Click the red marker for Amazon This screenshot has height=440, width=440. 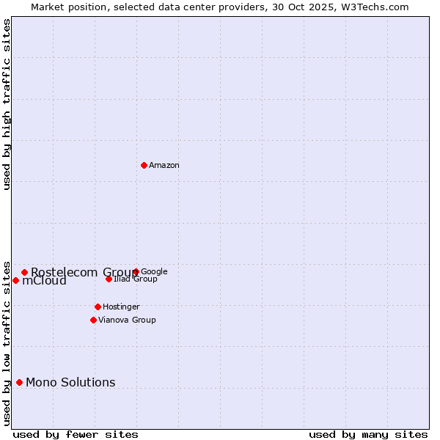click(x=144, y=165)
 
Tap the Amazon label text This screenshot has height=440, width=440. click(x=164, y=166)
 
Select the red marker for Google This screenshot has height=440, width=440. click(x=136, y=272)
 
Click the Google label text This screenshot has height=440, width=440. click(x=154, y=271)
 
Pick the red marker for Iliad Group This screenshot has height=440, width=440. click(x=109, y=279)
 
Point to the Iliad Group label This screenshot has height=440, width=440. click(x=136, y=279)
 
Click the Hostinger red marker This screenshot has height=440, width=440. click(x=98, y=307)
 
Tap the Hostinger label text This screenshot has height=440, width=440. click(x=121, y=307)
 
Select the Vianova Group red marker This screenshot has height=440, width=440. click(x=93, y=320)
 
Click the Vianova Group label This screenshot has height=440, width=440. click(x=127, y=320)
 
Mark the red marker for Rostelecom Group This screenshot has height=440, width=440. click(x=24, y=272)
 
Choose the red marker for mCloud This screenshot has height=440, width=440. click(x=15, y=280)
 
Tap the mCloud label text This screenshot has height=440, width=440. click(x=44, y=281)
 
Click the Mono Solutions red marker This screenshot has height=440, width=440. click(x=19, y=382)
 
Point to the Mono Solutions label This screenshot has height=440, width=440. click(x=70, y=382)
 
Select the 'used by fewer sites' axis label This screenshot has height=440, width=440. click(x=76, y=434)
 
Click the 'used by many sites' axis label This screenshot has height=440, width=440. click(x=368, y=434)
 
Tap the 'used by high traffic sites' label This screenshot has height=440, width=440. click(x=7, y=104)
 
